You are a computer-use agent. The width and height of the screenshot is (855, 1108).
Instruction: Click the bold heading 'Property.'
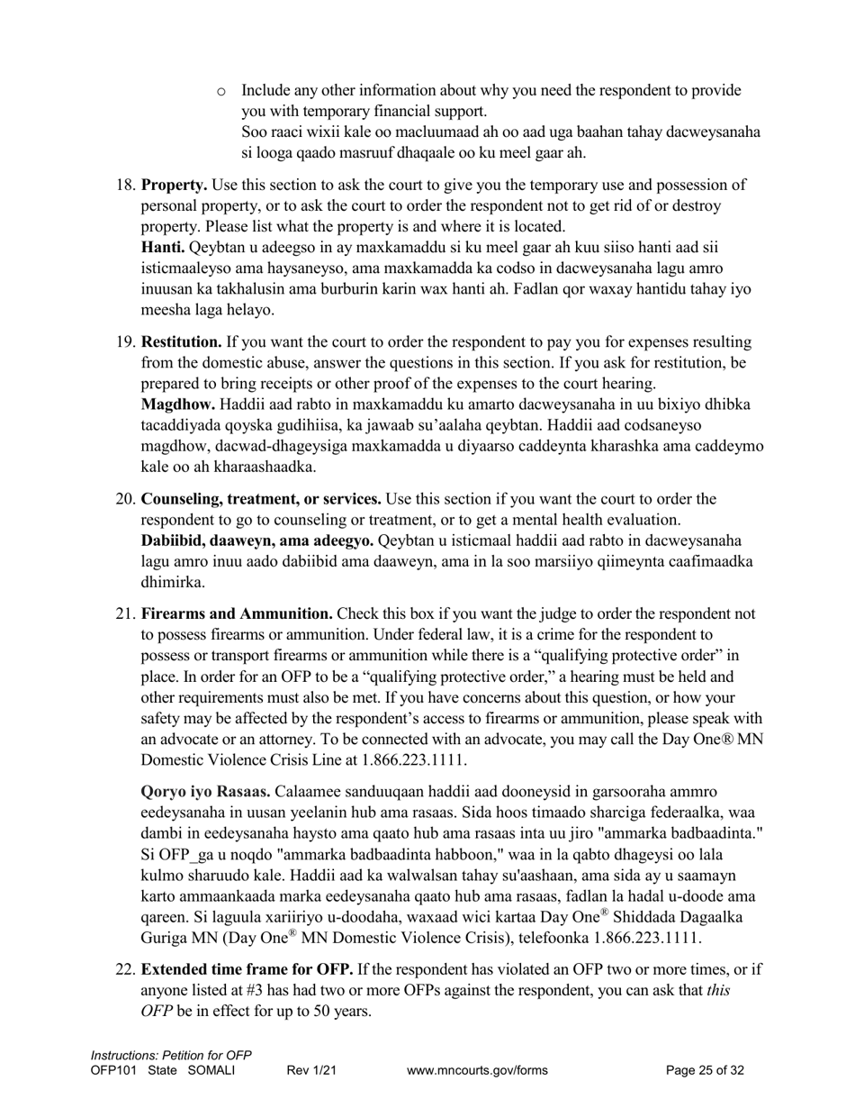coord(175,186)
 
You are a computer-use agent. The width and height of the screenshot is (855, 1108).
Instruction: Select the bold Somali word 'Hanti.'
coord(164,248)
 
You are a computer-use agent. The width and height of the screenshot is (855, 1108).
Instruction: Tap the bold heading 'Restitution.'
coord(182,342)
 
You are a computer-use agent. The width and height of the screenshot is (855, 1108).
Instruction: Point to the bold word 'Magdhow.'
coord(178,404)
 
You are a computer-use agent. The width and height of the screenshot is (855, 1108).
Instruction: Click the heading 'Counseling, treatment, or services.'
coord(261,499)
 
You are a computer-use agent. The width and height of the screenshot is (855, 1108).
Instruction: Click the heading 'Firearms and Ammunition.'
coord(237,614)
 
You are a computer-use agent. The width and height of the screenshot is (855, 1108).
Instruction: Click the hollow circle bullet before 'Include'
coord(222,91)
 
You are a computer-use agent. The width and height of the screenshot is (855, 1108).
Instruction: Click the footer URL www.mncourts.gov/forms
coord(477,1071)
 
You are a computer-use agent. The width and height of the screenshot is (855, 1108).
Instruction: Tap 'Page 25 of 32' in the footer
coord(705,1071)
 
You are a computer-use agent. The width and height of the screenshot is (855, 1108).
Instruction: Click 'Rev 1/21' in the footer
coord(311,1071)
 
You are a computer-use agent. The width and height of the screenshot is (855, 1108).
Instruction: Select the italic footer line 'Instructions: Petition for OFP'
coord(171,1056)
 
